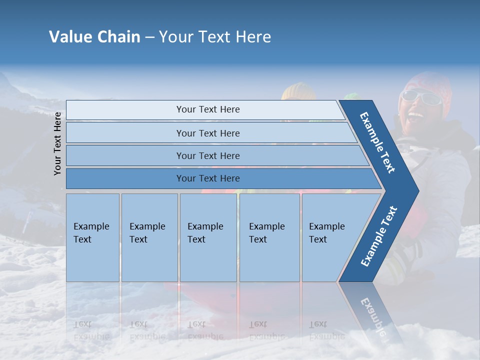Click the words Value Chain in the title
(94, 37)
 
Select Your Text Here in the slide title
(215, 37)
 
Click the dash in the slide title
(149, 37)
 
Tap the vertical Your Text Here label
(57, 143)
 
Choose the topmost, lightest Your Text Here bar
(207, 109)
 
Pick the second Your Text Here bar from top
(207, 133)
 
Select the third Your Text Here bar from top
(207, 155)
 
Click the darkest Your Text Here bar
(207, 178)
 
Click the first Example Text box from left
(92, 237)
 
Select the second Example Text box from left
(149, 237)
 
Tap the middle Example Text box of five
(208, 237)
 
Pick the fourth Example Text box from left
(269, 237)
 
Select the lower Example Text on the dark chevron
(378, 236)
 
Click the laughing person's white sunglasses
(422, 97)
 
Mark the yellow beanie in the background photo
(298, 91)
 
